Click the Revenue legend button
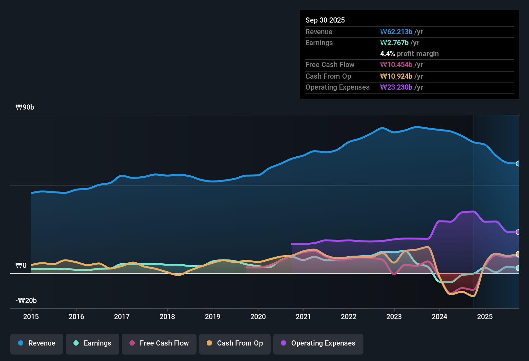37,343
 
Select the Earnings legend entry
92,343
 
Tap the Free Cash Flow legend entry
159,343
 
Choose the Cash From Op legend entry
235,343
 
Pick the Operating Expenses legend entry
318,343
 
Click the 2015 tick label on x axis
31,317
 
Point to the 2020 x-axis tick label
258,317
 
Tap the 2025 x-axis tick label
485,317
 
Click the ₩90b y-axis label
25,107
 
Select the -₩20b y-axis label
26,301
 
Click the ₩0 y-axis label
21,266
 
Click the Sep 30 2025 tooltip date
325,20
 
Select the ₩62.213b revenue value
396,32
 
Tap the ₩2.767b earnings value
394,43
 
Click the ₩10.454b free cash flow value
396,64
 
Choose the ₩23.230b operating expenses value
396,87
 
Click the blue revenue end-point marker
518,163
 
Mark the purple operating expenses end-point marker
518,232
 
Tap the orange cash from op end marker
518,254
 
